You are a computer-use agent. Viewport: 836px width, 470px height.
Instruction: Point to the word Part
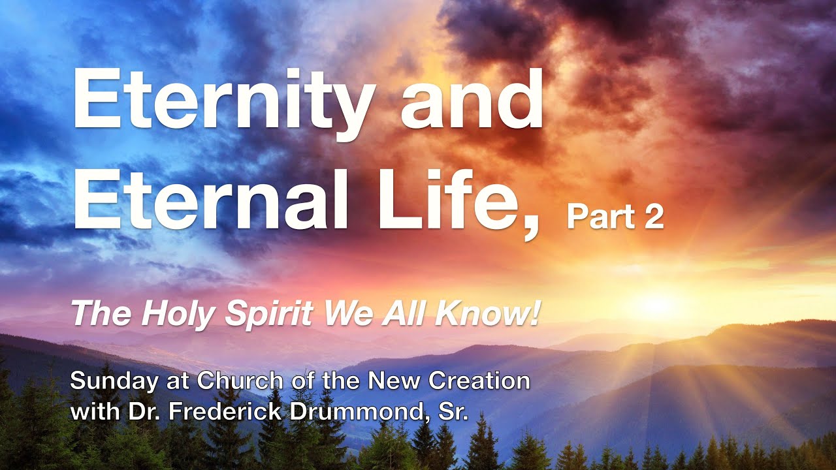click(594, 217)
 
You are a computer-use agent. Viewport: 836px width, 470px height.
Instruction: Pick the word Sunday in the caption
click(111, 381)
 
